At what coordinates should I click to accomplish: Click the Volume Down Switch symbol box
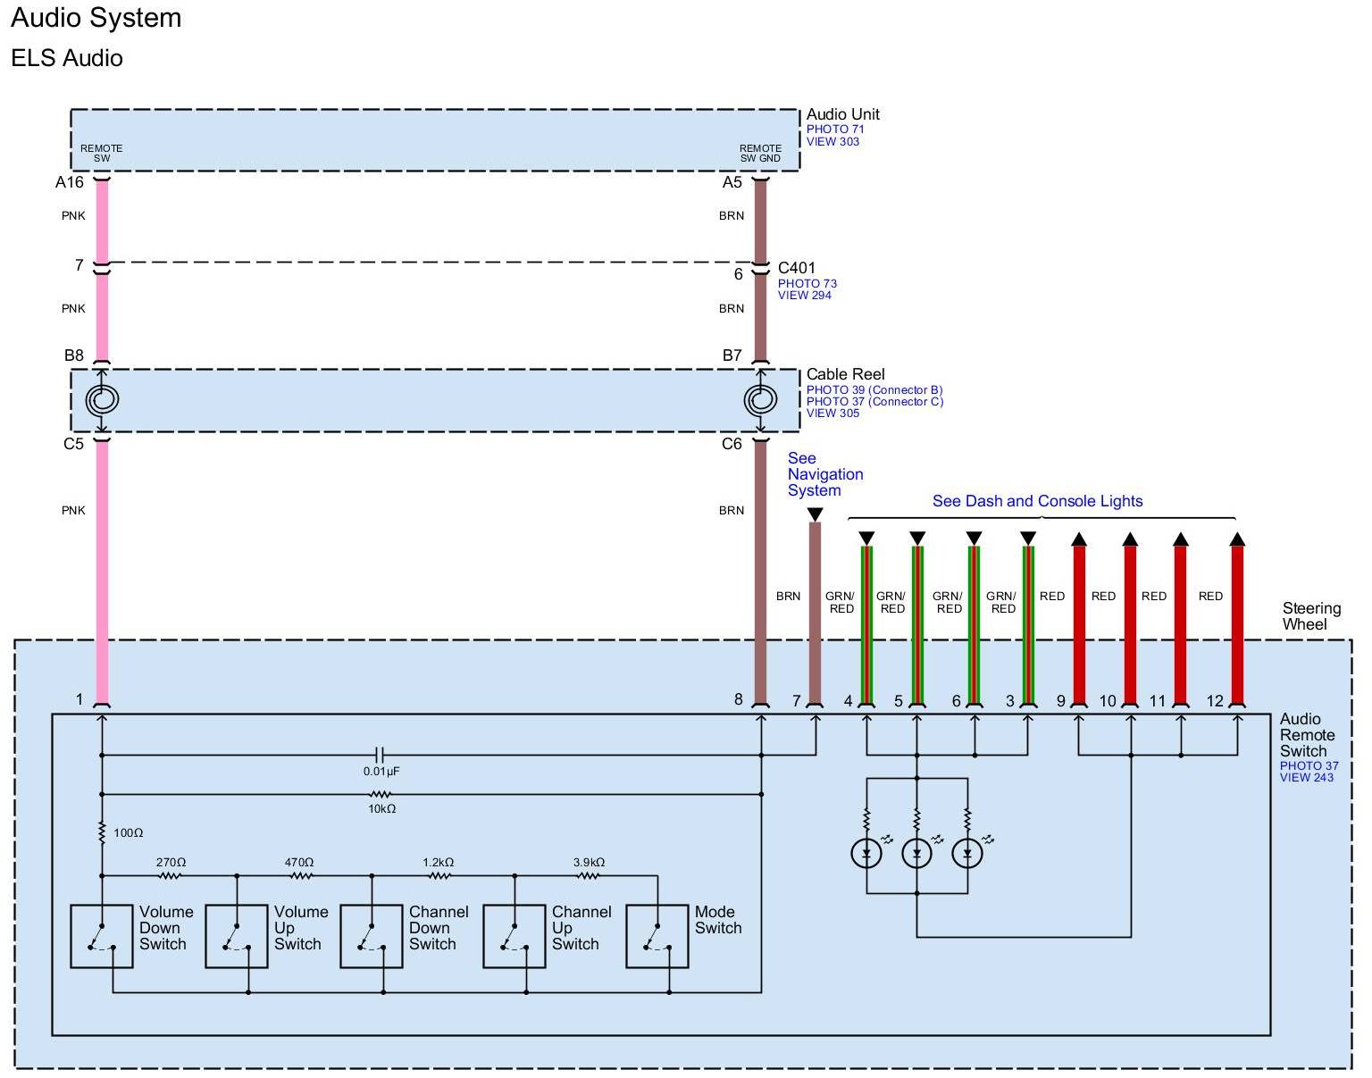coord(102,936)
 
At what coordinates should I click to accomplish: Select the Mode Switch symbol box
coord(657,936)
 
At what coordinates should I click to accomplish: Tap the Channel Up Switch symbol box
coord(514,936)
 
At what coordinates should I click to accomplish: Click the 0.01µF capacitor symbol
coord(381,755)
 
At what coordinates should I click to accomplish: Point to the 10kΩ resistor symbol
coord(381,793)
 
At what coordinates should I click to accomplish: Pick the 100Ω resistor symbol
coord(102,833)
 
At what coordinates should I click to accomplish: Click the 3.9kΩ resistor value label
coord(589,863)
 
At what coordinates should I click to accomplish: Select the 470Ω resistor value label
coord(299,863)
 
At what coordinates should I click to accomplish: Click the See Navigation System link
coord(824,474)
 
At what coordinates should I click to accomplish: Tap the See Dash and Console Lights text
coord(1037,501)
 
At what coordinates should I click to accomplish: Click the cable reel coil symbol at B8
coord(102,400)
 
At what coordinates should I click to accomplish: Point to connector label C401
coord(796,268)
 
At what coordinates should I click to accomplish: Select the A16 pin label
coord(70,182)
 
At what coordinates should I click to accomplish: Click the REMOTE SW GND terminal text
coord(760,154)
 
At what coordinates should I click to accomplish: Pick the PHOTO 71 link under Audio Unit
coord(835,130)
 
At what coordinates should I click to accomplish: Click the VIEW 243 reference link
coord(1306,778)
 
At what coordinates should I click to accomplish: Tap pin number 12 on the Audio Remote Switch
coord(1215,701)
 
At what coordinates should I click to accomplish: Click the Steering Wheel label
coord(1311,616)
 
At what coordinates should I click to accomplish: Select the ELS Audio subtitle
coord(67,58)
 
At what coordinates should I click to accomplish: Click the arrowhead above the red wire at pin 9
coord(1079,539)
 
